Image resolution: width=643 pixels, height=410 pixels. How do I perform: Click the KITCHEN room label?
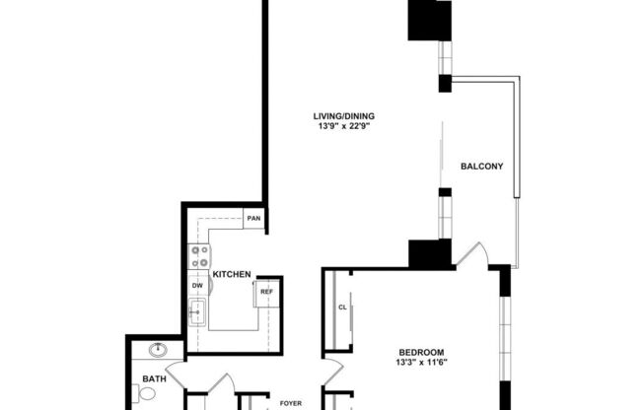(232, 275)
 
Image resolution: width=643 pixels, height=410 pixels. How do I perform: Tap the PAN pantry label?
(253, 218)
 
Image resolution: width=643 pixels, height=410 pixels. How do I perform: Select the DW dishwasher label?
(197, 286)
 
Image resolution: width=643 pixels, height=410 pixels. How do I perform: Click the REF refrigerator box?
(266, 293)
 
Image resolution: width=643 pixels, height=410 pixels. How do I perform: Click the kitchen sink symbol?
(196, 314)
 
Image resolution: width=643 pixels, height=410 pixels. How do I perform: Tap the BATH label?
(153, 377)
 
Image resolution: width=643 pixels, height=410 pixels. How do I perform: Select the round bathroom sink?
(157, 350)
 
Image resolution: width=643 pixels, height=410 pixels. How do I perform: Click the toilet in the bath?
(146, 394)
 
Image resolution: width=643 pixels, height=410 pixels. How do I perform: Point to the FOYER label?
(290, 403)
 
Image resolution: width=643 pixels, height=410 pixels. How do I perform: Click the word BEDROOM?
(421, 353)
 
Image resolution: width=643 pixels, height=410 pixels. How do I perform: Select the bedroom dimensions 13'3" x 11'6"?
(421, 364)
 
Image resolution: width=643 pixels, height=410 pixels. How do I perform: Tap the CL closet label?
(343, 307)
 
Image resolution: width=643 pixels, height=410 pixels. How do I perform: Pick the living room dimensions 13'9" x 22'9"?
(345, 127)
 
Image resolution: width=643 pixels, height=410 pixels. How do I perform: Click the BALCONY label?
(482, 166)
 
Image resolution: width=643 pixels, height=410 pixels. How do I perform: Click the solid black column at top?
(430, 20)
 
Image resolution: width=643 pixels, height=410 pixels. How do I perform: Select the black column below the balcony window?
(430, 253)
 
